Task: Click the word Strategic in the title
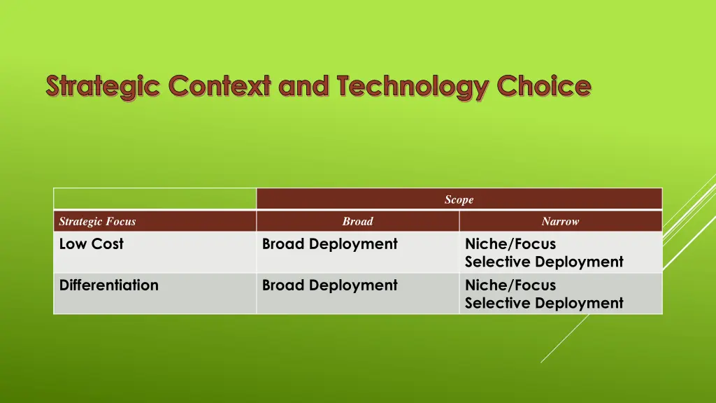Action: [103, 87]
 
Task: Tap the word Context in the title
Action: [220, 85]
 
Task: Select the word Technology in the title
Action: [413, 87]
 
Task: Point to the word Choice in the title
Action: [544, 85]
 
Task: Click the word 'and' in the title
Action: [303, 85]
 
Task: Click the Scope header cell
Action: [459, 199]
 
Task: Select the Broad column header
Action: [358, 221]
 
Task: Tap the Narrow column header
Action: [561, 221]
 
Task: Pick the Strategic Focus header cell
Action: [155, 221]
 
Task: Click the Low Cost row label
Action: [92, 244]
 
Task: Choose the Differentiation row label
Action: [108, 285]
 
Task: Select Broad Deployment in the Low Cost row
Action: [330, 244]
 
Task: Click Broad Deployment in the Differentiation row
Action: [330, 285]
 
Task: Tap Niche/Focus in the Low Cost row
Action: [510, 244]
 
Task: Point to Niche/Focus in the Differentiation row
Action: [510, 285]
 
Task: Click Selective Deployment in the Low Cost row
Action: [544, 262]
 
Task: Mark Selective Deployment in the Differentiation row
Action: [544, 304]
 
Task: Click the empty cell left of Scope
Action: [155, 199]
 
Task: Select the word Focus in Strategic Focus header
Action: [120, 222]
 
